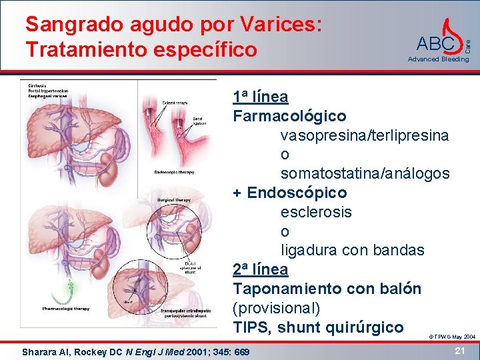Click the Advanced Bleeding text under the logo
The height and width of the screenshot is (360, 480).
(438, 59)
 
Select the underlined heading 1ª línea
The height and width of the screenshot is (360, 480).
(261, 97)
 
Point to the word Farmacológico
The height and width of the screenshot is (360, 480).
(289, 116)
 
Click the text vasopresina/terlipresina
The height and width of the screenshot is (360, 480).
(364, 135)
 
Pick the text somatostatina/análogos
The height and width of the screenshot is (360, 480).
(365, 173)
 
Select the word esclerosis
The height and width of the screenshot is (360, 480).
(316, 212)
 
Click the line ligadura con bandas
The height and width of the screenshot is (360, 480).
(352, 251)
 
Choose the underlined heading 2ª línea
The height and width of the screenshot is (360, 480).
(261, 269)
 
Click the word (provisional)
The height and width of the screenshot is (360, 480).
(277, 308)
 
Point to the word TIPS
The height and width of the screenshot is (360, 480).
(251, 327)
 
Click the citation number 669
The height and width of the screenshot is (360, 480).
(242, 351)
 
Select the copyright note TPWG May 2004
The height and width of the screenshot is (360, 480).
(451, 337)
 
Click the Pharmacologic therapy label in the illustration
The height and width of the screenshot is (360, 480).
(66, 309)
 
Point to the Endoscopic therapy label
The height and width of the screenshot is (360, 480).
(175, 172)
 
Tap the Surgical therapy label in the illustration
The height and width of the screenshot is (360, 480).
(174, 199)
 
